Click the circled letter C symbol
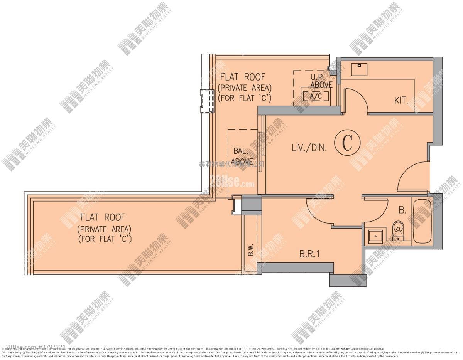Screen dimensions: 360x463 coord(347,143)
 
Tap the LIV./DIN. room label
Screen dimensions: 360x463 coord(309,147)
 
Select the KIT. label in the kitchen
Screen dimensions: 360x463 coord(401,101)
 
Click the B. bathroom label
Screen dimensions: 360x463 coord(402,210)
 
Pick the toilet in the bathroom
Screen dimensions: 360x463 coord(397,229)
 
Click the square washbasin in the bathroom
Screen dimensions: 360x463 coord(375,236)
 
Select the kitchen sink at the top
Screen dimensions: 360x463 coord(360,69)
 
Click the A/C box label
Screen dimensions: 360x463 coord(315,96)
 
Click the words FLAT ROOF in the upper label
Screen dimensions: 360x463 coord(243,77)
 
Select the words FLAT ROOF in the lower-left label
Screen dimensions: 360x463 coord(103,217)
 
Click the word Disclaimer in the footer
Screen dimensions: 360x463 coord(8,352)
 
